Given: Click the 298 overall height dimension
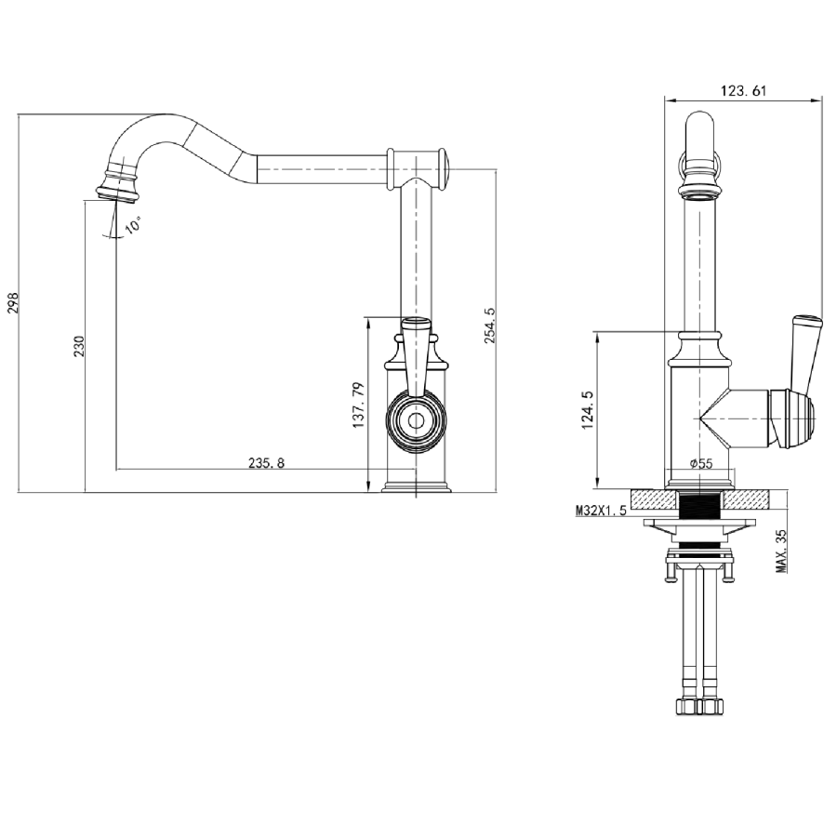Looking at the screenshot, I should [x=13, y=303].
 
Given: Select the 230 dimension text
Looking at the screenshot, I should [x=79, y=346].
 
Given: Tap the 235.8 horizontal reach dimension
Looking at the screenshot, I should [x=267, y=462].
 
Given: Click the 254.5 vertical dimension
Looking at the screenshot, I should [x=490, y=326].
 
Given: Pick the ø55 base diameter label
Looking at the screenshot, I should [x=700, y=463].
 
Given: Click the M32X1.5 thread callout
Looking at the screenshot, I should [x=601, y=511].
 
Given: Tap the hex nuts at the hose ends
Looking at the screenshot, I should [x=699, y=708].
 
